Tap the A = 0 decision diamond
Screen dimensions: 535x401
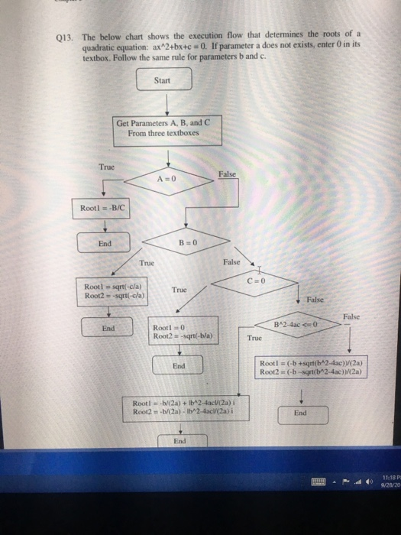(167, 180)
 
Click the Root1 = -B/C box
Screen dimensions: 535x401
(100, 206)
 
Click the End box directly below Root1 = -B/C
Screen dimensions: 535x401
(106, 245)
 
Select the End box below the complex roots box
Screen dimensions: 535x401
(179, 441)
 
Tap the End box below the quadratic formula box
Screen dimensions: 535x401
(300, 413)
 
